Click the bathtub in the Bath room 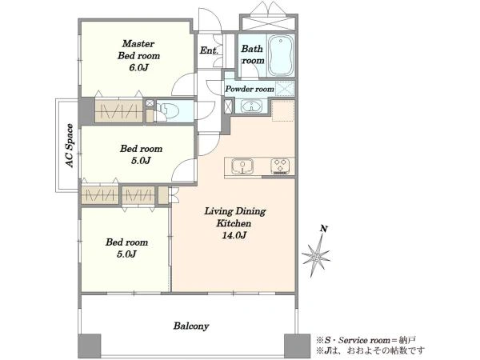coord(281,56)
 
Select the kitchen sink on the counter coord(242,166)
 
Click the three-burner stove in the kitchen coord(280,166)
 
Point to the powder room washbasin coord(251,106)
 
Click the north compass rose coord(316,255)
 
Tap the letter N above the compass coord(323,229)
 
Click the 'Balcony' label coord(191,326)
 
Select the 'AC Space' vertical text coord(70,146)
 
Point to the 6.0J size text coord(138,67)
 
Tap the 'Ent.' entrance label coord(209,50)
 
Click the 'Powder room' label coord(250,89)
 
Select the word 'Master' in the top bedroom coord(138,43)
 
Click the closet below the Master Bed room coord(118,110)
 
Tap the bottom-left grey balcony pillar coord(90,346)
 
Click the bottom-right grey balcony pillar coord(297,346)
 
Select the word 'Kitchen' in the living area coord(234,223)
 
